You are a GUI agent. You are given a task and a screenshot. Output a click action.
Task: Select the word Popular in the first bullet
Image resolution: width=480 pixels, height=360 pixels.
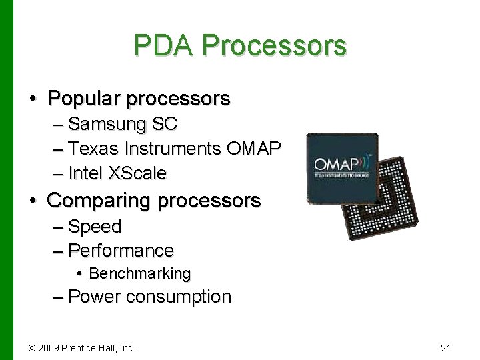click(84, 99)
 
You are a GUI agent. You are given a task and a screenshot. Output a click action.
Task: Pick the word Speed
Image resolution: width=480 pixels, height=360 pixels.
click(95, 227)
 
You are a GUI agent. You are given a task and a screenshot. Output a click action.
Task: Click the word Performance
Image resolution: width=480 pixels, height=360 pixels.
click(121, 251)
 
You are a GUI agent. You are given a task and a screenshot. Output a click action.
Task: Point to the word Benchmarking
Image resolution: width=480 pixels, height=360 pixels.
click(140, 273)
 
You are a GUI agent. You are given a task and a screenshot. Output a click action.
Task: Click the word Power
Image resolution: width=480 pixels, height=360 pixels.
click(95, 296)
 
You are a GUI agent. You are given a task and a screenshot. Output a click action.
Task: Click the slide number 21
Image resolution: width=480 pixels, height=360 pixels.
click(446, 347)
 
